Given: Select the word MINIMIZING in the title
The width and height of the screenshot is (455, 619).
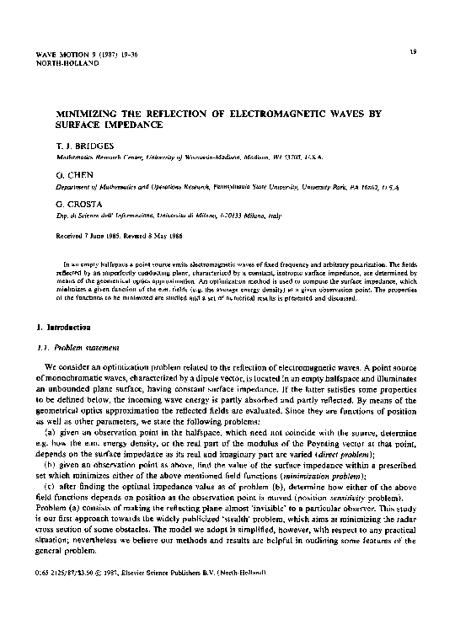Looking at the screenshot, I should tap(82, 113).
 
